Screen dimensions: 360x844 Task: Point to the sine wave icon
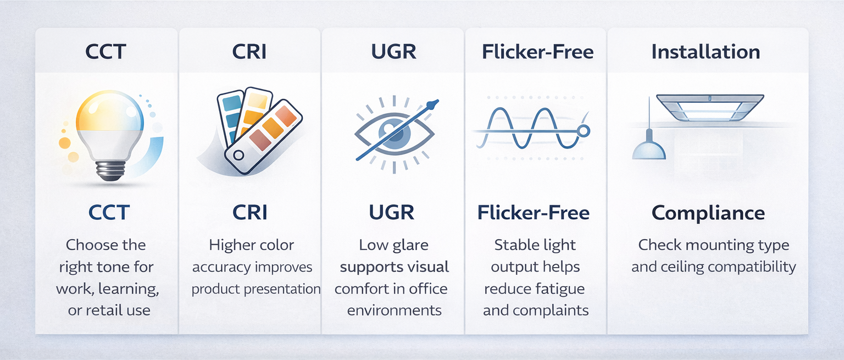[x=527, y=130]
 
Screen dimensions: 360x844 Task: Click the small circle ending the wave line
[x=584, y=131]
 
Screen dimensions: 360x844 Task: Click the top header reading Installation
[x=706, y=52]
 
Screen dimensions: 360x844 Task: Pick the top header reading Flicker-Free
[x=537, y=52]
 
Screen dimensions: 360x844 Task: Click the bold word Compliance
[x=708, y=213]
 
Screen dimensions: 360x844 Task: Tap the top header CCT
[x=106, y=52]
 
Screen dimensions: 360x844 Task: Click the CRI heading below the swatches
[x=250, y=213]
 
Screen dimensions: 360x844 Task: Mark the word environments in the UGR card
[x=394, y=310]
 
